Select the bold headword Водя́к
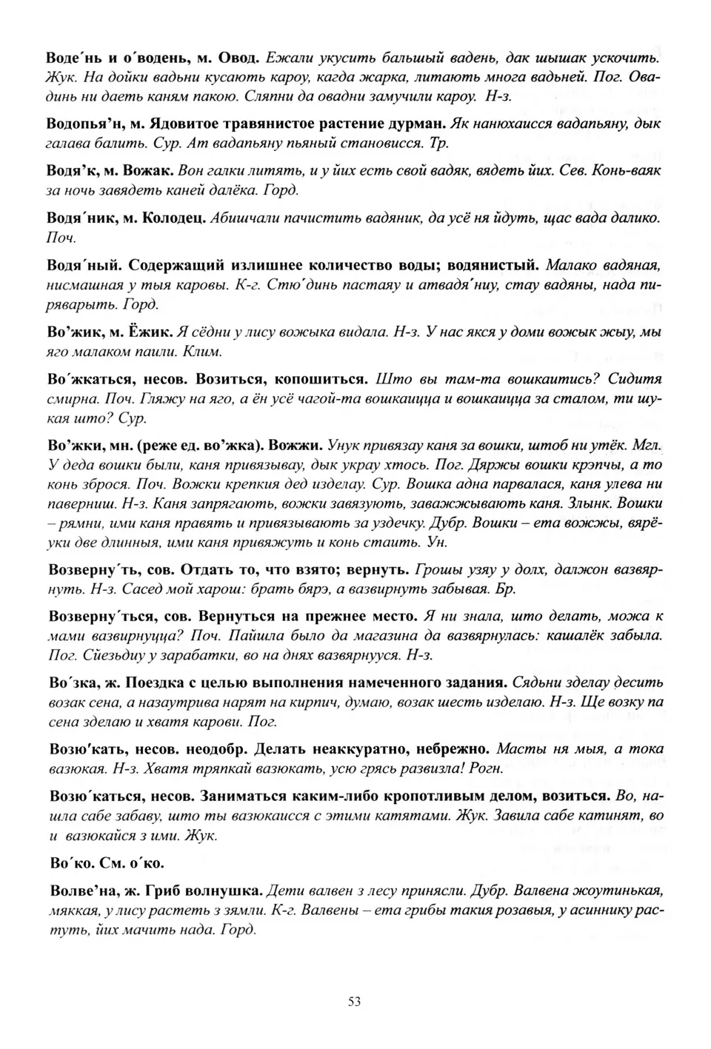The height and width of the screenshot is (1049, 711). click(x=73, y=170)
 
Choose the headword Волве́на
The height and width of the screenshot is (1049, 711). click(x=81, y=889)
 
